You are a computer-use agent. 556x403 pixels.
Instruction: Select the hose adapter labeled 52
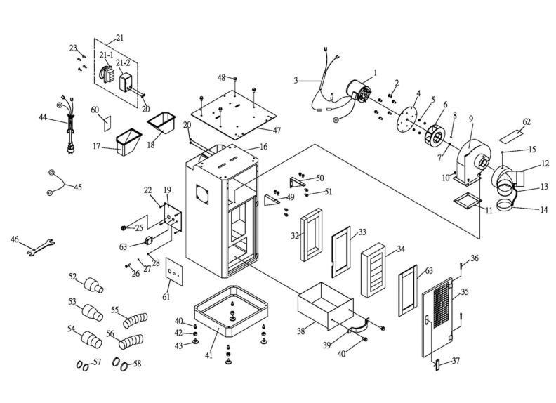pyautogui.click(x=91, y=285)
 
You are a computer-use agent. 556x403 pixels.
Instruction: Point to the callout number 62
pyautogui.click(x=527, y=122)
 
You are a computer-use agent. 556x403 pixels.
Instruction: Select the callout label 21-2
pyautogui.click(x=124, y=63)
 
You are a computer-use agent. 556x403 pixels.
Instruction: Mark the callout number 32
pyautogui.click(x=295, y=236)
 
